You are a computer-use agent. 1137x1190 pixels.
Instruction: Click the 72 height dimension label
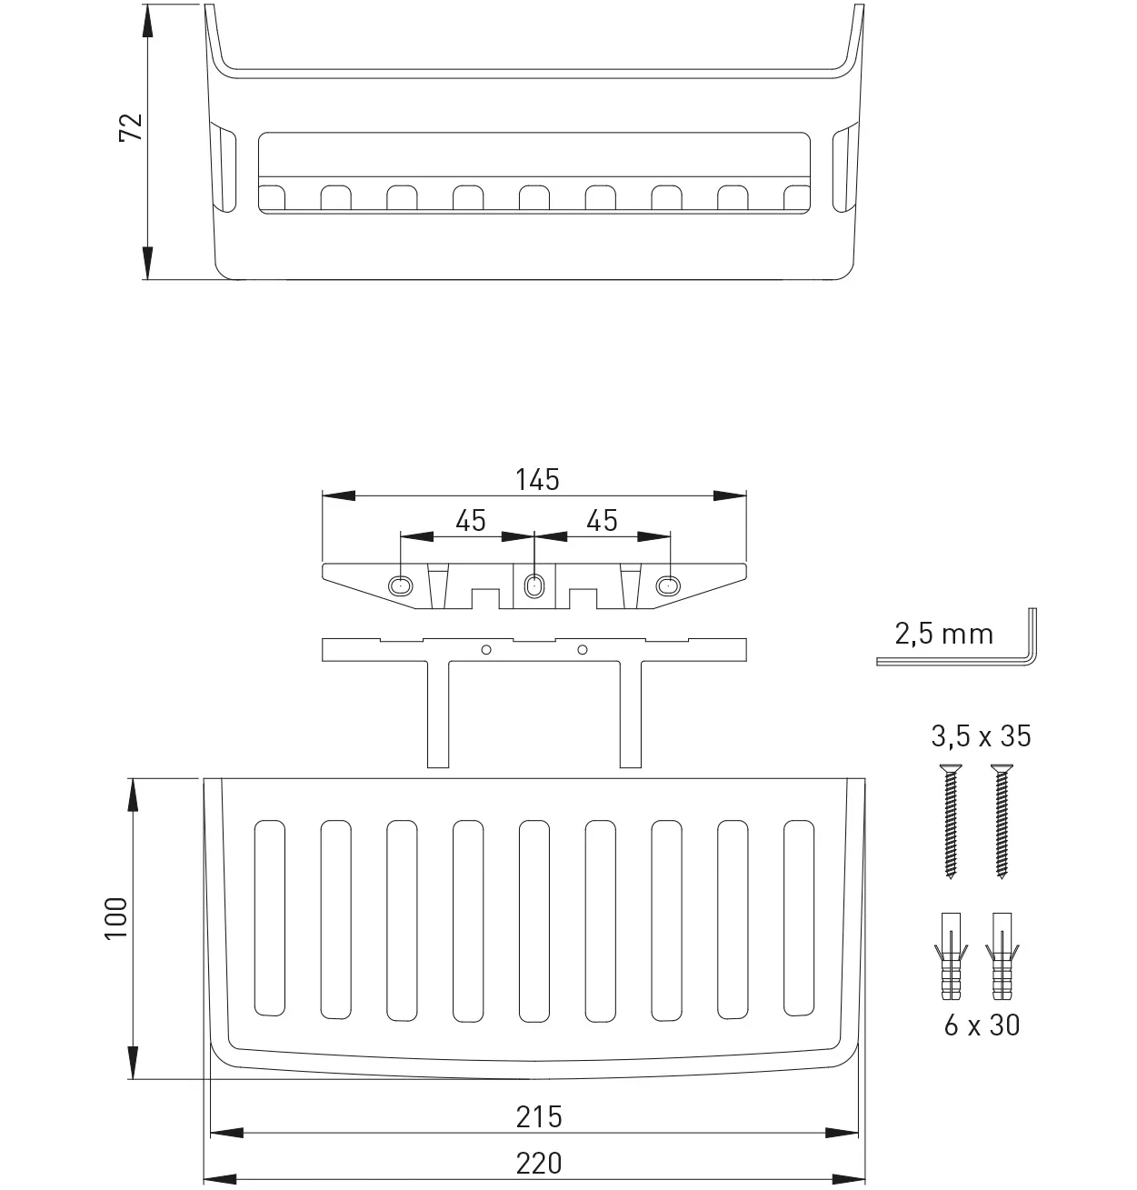pyautogui.click(x=131, y=127)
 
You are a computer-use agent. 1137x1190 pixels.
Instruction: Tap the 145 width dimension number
pyautogui.click(x=537, y=480)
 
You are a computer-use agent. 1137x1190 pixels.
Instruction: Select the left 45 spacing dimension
pyautogui.click(x=470, y=521)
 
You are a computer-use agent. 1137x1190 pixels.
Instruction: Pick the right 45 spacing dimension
pyautogui.click(x=602, y=521)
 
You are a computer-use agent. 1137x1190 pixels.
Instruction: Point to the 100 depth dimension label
pyautogui.click(x=116, y=918)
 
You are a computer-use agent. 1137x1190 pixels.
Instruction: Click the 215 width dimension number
pyautogui.click(x=539, y=1117)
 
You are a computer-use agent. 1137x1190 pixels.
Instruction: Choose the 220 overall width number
pyautogui.click(x=539, y=1164)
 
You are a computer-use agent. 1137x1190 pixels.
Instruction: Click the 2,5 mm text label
pyautogui.click(x=943, y=635)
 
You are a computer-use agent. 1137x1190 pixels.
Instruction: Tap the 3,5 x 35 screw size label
pyautogui.click(x=981, y=736)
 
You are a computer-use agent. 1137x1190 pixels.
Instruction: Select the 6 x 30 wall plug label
pyautogui.click(x=982, y=1025)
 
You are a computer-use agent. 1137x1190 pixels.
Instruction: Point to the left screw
pyautogui.click(x=951, y=821)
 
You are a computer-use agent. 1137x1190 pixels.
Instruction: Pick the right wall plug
pyautogui.click(x=1002, y=956)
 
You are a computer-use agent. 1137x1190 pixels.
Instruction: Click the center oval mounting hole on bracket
pyautogui.click(x=534, y=586)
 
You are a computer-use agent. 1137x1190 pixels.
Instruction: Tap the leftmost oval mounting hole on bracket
pyautogui.click(x=401, y=586)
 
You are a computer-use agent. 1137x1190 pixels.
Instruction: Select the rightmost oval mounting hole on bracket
pyautogui.click(x=668, y=586)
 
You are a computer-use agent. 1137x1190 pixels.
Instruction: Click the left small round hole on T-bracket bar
pyautogui.click(x=486, y=650)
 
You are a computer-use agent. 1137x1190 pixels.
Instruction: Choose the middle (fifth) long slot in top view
pyautogui.click(x=534, y=921)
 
